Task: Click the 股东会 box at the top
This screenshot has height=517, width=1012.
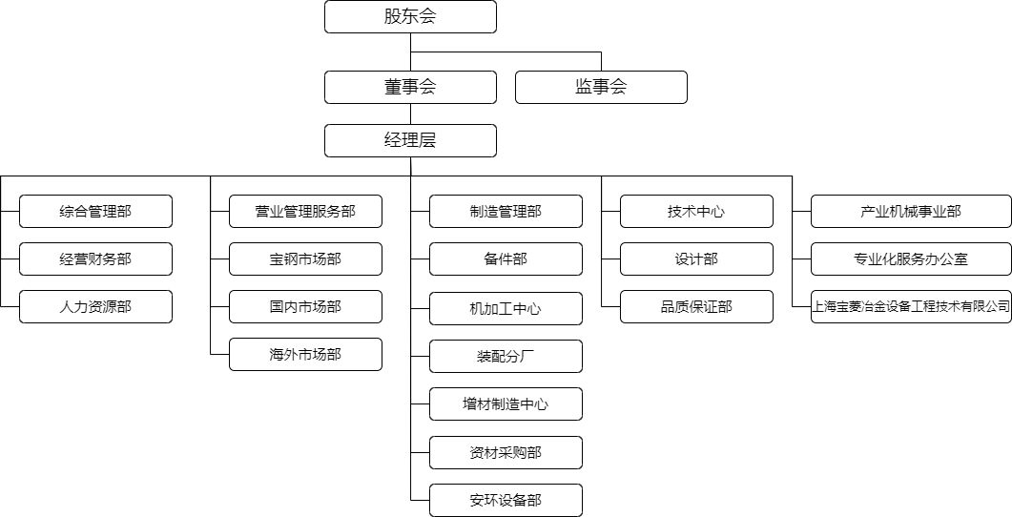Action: (x=410, y=16)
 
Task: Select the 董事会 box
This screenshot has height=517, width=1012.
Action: (x=410, y=87)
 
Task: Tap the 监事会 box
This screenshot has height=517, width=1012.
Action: (x=601, y=87)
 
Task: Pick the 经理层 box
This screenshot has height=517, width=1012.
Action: (x=410, y=140)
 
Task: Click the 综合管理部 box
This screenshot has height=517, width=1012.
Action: (x=95, y=211)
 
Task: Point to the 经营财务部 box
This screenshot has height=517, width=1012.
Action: (x=95, y=258)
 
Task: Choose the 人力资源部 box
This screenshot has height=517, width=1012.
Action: (x=95, y=306)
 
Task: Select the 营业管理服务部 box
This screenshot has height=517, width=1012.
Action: (x=305, y=211)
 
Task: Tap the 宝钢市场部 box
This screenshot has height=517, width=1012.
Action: (x=305, y=258)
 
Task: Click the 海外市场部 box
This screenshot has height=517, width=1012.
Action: (x=305, y=354)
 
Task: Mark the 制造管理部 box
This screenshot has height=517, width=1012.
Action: (x=506, y=211)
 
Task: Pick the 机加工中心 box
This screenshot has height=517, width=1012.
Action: (x=506, y=308)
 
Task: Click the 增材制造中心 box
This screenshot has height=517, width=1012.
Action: (x=506, y=403)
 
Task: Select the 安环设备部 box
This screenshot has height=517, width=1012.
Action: (x=506, y=500)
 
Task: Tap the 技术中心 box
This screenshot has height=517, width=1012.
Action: (x=696, y=211)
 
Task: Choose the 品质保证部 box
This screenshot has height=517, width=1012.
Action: (x=696, y=306)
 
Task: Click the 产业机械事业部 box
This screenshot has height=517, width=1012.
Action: (x=910, y=211)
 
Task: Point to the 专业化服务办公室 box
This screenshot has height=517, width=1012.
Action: (x=910, y=258)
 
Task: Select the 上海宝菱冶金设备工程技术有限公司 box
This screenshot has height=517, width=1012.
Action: (x=910, y=306)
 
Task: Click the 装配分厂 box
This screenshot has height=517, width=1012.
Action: (x=506, y=356)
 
